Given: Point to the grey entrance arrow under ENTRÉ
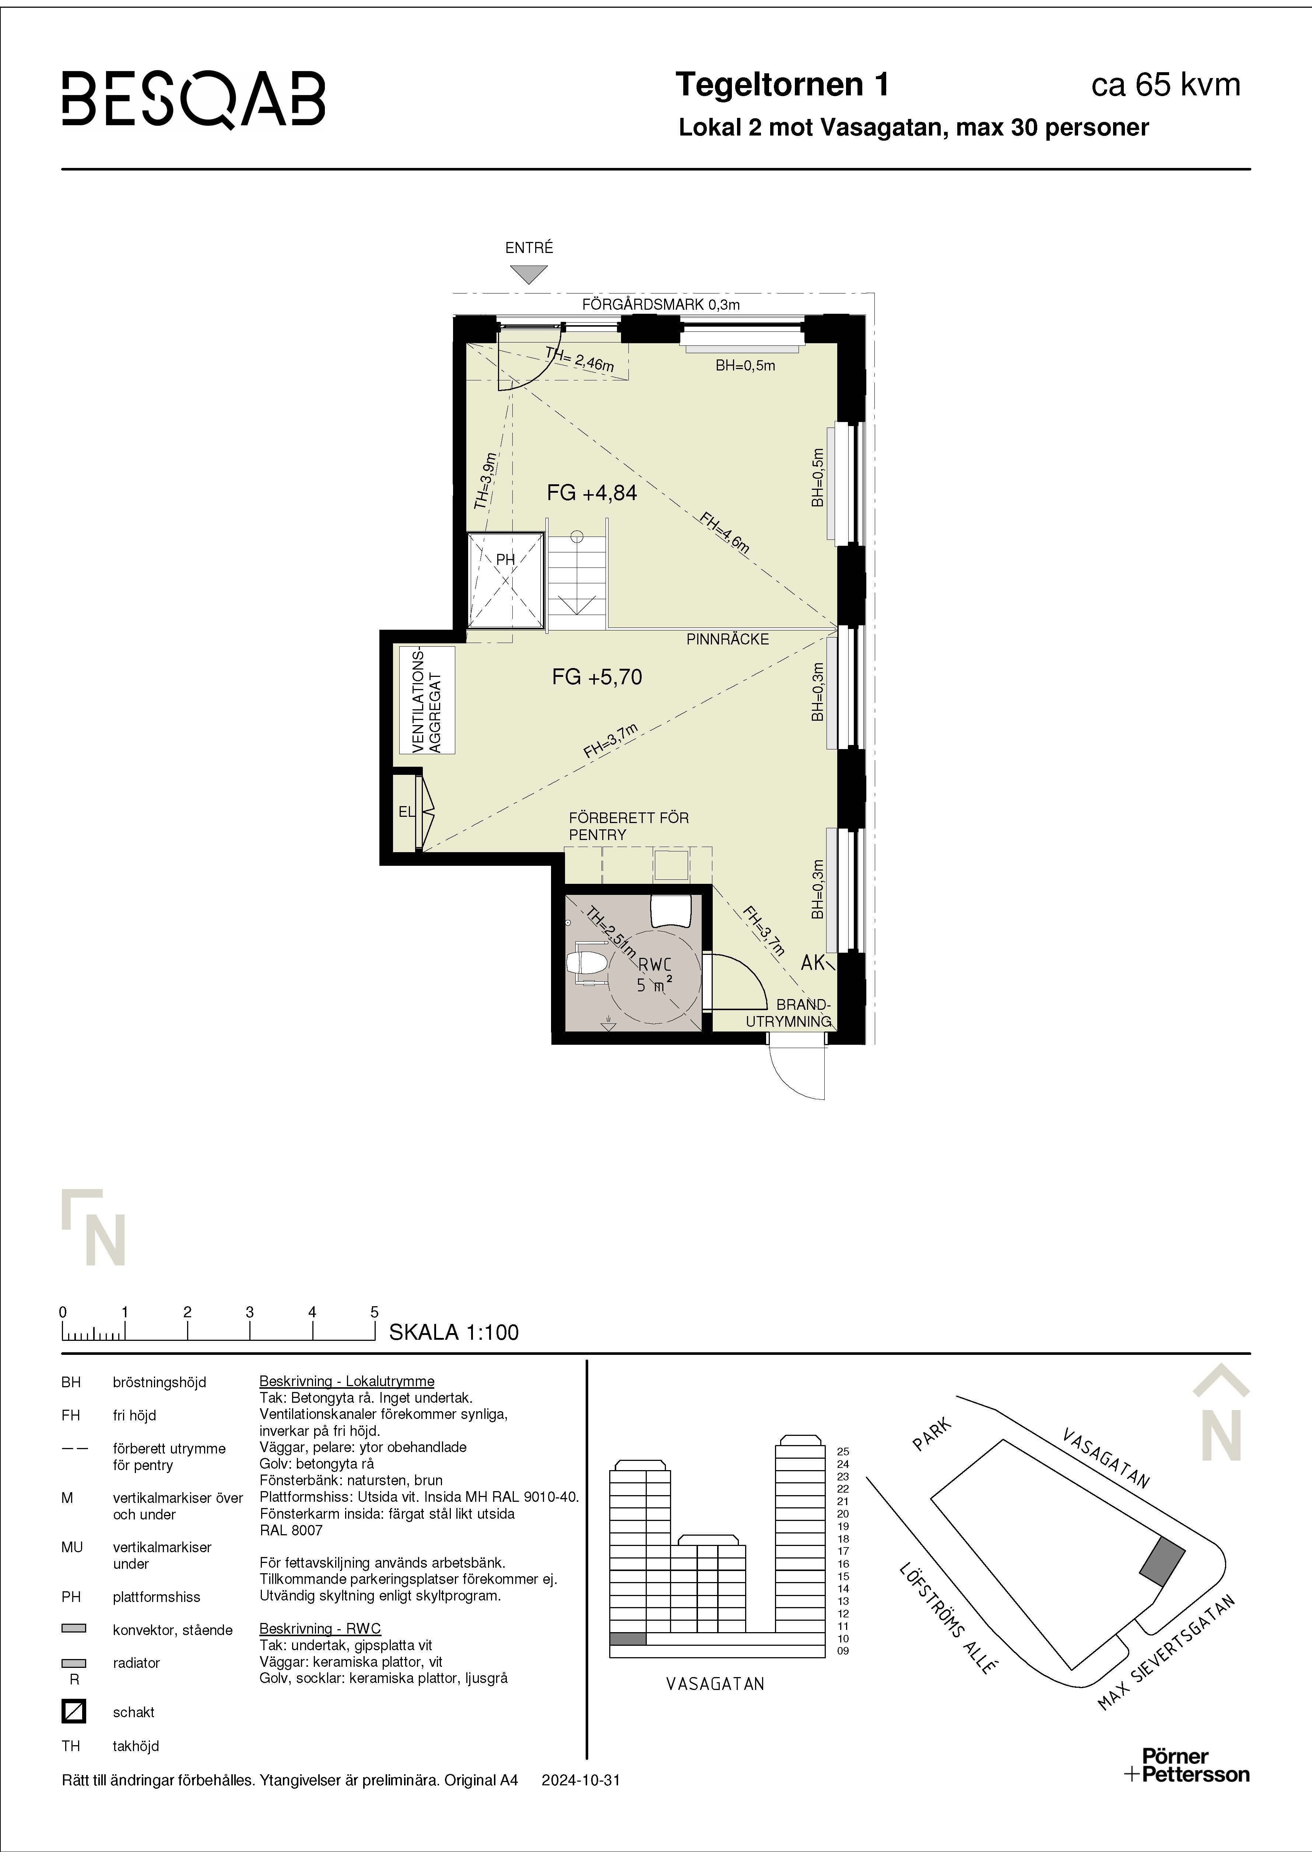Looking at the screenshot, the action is (x=529, y=275).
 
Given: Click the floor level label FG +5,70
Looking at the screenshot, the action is (x=597, y=677).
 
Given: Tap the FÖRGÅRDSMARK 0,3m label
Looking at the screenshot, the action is (x=661, y=305).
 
